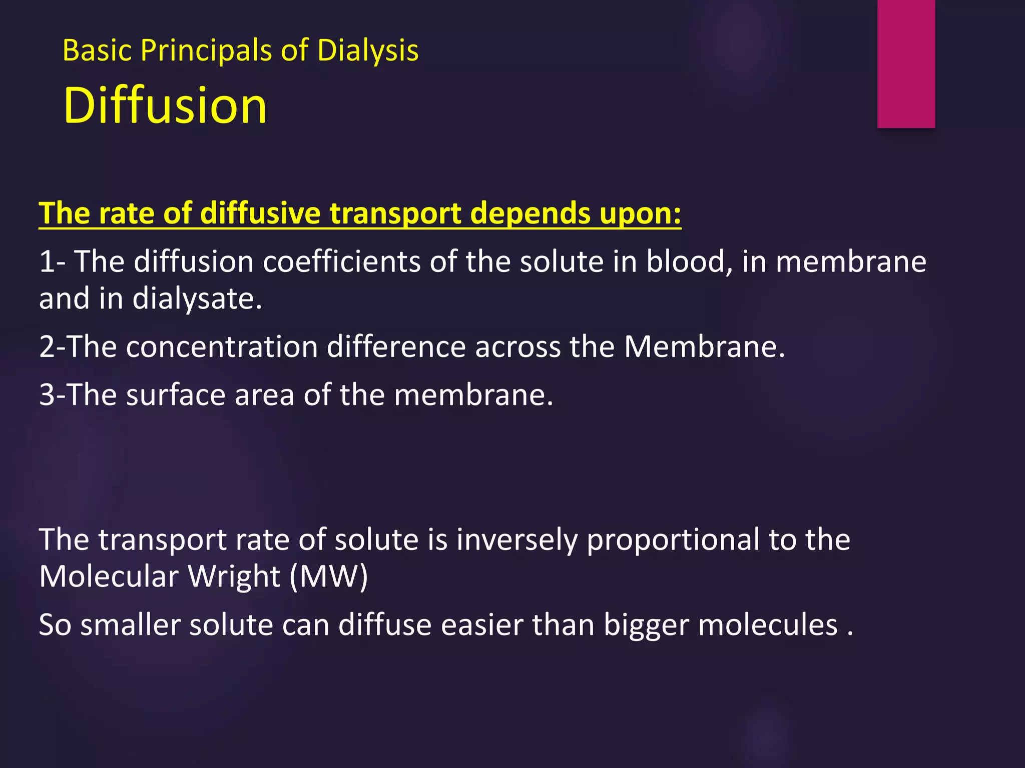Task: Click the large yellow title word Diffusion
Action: pos(165,105)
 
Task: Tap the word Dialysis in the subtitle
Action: pos(368,50)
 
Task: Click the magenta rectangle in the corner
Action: pos(906,63)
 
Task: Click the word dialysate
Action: pos(197,299)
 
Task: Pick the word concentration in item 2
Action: pos(222,346)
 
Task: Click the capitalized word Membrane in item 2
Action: pos(704,346)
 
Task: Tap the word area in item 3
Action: pos(264,395)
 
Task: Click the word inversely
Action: pos(517,540)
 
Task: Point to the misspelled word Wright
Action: pos(234,576)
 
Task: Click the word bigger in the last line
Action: pos(646,625)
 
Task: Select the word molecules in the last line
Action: pos(768,625)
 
